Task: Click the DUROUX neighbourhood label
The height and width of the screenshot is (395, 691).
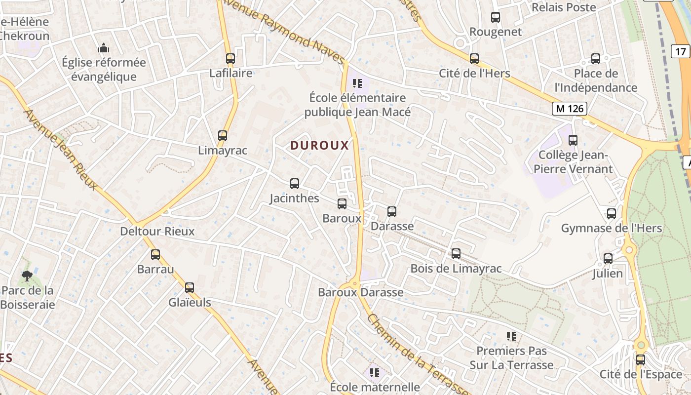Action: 319,145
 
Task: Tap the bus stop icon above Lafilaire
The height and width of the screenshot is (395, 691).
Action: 230,59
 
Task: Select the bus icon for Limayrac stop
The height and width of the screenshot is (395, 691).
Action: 223,136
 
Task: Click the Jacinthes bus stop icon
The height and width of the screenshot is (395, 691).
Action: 295,184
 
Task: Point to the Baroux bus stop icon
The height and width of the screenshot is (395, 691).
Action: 342,203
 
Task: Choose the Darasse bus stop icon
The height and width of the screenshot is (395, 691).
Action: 392,212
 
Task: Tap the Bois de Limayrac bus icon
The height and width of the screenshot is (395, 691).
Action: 456,254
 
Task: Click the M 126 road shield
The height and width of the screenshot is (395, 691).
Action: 569,109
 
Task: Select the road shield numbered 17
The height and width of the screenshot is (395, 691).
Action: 681,51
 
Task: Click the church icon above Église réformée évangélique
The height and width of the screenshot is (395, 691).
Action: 104,48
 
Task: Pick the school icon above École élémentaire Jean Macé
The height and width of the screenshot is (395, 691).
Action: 357,83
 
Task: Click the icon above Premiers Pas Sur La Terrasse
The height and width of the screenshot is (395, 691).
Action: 511,336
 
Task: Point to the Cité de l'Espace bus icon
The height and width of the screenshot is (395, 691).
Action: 641,360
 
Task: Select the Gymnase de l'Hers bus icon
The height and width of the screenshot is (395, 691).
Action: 612,214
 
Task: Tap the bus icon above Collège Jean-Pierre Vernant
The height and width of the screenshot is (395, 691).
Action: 573,140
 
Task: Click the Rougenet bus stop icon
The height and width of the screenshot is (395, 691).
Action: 496,17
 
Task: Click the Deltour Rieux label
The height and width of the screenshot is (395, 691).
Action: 157,231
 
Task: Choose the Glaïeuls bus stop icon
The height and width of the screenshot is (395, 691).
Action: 190,288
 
